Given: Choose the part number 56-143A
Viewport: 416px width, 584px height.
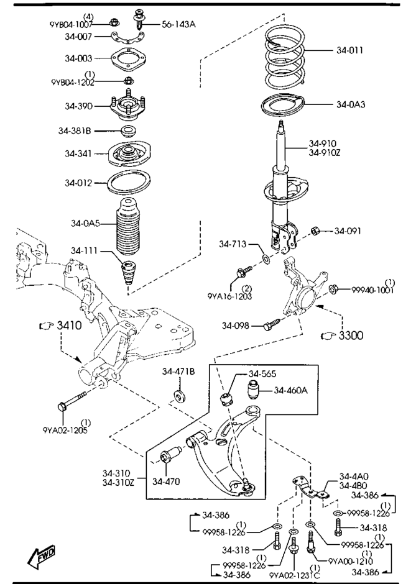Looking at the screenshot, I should point(178,24).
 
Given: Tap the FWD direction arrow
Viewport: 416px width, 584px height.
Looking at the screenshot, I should point(41,558).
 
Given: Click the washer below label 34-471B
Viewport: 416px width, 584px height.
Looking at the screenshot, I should point(179,396).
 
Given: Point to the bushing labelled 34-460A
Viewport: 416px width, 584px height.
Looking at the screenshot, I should point(254,391).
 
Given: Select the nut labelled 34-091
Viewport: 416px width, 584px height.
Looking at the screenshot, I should point(315,231).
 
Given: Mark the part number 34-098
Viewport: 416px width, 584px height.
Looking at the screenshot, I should point(238,325).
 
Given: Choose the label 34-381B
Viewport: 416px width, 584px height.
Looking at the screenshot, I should point(75,131).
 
